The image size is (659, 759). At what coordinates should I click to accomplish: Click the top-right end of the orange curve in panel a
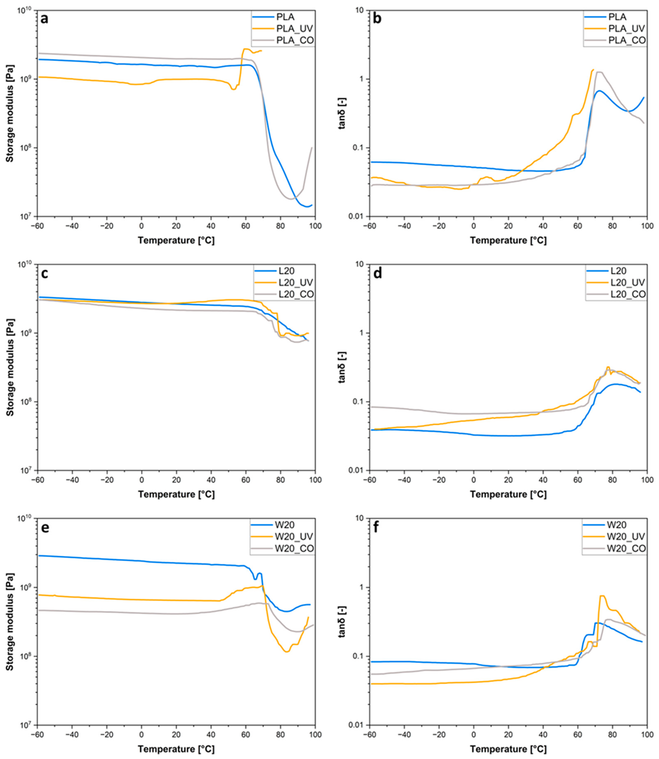coord(261,51)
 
